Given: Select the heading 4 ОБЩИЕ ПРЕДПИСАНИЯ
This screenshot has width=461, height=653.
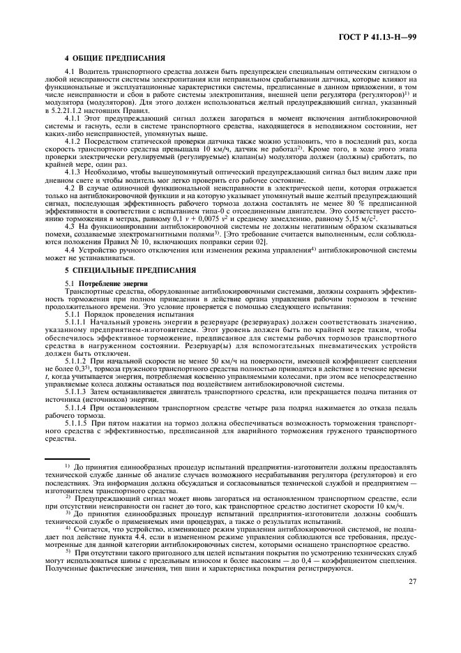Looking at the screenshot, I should click(114, 58).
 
